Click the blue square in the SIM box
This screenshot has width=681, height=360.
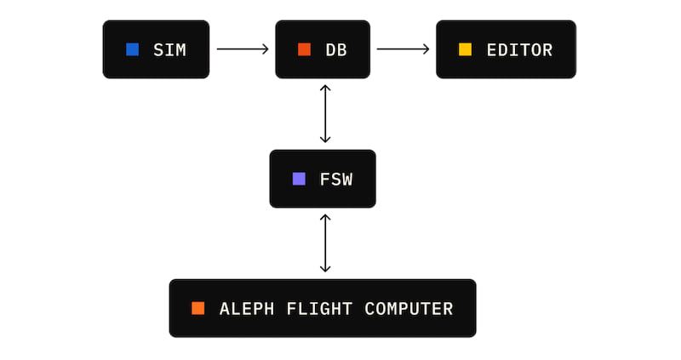tap(132, 49)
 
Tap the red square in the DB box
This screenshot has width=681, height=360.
tap(304, 49)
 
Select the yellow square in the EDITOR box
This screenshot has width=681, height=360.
tap(465, 49)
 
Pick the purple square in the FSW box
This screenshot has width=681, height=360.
tap(299, 179)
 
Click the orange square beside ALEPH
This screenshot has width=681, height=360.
tap(197, 308)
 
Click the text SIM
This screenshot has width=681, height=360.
tap(169, 50)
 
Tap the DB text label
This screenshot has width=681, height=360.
tap(336, 50)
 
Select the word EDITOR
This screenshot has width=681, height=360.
tap(519, 50)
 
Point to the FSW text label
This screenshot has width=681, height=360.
tap(336, 180)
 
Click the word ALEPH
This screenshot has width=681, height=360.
tap(246, 309)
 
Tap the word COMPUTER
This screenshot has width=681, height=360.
tap(409, 309)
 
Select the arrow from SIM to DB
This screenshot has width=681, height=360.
tap(243, 49)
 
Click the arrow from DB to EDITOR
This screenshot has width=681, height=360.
tap(403, 49)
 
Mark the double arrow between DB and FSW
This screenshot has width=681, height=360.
tap(324, 114)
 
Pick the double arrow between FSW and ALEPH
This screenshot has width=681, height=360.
tap(324, 243)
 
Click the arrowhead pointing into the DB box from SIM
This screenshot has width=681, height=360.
tap(265, 49)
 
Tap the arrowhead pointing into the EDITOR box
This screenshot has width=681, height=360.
tap(426, 49)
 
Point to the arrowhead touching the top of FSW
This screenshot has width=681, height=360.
tap(324, 139)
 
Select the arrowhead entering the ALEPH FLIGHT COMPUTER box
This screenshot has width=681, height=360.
tap(324, 268)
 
